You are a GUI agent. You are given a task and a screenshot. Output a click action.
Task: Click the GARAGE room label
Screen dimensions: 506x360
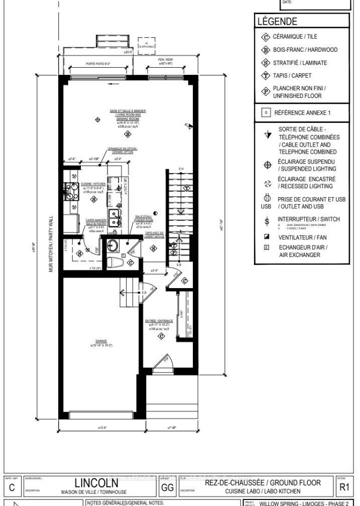[94, 341]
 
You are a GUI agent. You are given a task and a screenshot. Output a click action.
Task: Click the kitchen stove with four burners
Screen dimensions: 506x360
[68, 191]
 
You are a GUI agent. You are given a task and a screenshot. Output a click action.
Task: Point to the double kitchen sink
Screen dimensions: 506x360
[115, 218]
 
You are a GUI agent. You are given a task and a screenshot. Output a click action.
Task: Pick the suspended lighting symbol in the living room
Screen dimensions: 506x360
[97, 120]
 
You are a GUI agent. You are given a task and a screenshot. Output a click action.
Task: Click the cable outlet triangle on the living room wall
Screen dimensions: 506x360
[190, 126]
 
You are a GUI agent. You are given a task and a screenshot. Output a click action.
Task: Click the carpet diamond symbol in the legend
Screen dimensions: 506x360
[266, 76]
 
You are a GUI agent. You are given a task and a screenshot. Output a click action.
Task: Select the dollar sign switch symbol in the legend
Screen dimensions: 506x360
[268, 221]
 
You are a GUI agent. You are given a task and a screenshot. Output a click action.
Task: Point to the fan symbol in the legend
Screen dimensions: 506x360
[267, 236]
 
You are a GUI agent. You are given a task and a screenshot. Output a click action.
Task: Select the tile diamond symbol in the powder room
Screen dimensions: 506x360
[130, 262]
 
